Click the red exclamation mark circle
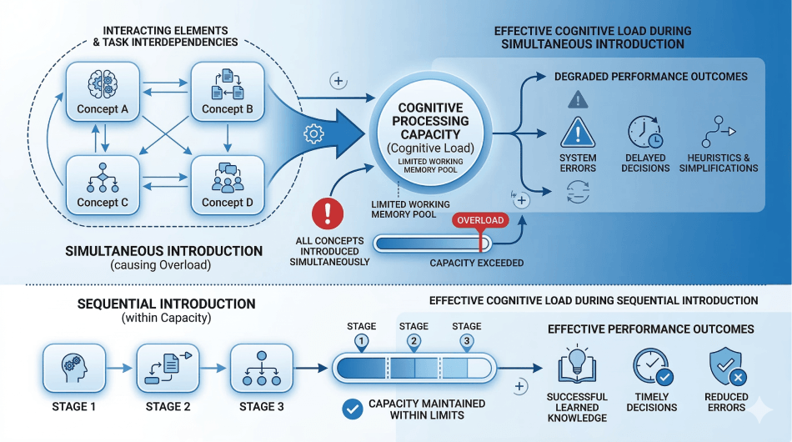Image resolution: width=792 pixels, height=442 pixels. pyautogui.click(x=327, y=213)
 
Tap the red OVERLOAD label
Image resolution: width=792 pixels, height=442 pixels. pyautogui.click(x=479, y=220)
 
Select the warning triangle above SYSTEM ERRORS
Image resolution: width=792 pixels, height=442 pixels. pyautogui.click(x=578, y=133)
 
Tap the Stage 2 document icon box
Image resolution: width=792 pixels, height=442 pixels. pyautogui.click(x=168, y=366)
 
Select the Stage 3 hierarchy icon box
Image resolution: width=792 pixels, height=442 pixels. pyautogui.click(x=262, y=366)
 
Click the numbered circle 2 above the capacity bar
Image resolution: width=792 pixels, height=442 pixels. pyautogui.click(x=414, y=341)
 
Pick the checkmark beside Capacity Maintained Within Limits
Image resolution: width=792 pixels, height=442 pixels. pyautogui.click(x=353, y=409)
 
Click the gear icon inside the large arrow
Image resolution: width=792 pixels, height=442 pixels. pyautogui.click(x=313, y=133)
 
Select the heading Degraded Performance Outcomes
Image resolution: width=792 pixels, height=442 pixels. pyautogui.click(x=650, y=77)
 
